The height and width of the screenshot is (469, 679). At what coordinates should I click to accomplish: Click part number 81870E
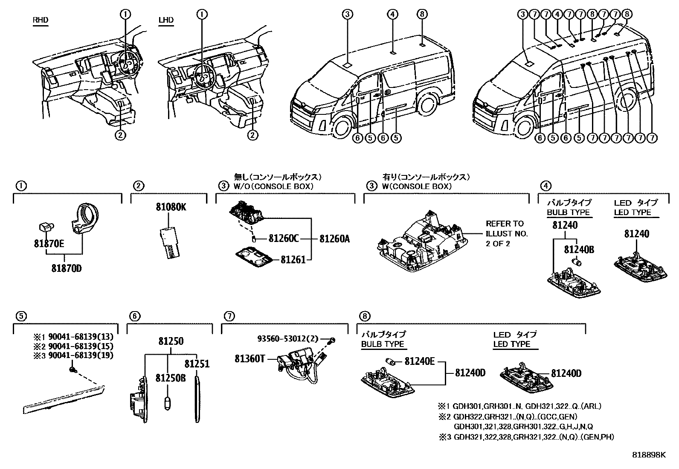pyautogui.click(x=49, y=244)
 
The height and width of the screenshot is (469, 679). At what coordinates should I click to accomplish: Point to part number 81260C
pyautogui.click(x=283, y=239)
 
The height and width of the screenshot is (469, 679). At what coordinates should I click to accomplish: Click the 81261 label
pyautogui.click(x=293, y=259)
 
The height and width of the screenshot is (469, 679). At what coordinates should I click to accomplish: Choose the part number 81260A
pyautogui.click(x=334, y=239)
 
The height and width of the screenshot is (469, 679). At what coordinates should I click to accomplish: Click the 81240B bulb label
pyautogui.click(x=579, y=250)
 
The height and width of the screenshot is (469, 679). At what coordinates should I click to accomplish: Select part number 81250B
pyautogui.click(x=170, y=378)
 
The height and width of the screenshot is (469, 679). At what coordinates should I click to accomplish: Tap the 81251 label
pyautogui.click(x=197, y=364)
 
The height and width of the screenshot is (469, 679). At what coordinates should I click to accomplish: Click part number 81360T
pyautogui.click(x=250, y=359)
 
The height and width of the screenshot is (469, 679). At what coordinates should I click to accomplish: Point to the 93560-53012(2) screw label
pyautogui.click(x=288, y=339)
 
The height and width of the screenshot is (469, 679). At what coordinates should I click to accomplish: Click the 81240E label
pyautogui.click(x=419, y=362)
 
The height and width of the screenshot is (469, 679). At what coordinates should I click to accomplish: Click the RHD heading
pyautogui.click(x=40, y=20)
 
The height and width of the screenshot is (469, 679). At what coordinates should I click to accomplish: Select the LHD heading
pyautogui.click(x=166, y=20)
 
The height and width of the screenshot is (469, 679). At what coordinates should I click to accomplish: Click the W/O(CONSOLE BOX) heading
pyautogui.click(x=273, y=186)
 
